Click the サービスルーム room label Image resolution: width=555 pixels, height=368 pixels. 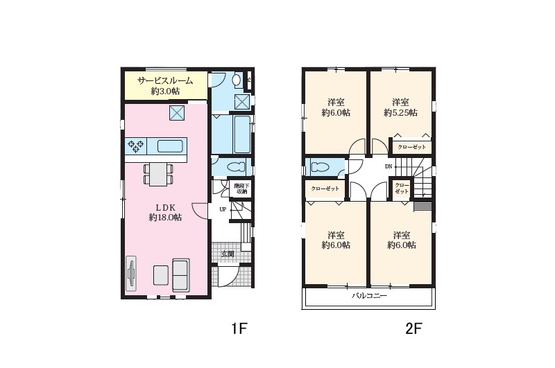pyautogui.click(x=165, y=81)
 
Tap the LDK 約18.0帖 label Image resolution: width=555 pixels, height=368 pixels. pyautogui.click(x=165, y=213)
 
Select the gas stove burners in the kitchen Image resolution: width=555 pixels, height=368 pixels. pyautogui.click(x=135, y=146)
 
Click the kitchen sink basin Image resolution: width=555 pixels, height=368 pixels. pyautogui.click(x=170, y=146)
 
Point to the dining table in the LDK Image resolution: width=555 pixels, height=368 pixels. pyautogui.click(x=158, y=174)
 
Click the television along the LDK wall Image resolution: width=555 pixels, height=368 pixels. pyautogui.click(x=131, y=274)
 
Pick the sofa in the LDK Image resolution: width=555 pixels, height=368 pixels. pyautogui.click(x=181, y=275)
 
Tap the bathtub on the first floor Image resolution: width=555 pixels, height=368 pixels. pyautogui.click(x=242, y=134)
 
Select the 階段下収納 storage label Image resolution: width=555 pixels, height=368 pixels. pyautogui.click(x=241, y=189)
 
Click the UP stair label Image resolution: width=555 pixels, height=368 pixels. pyautogui.click(x=223, y=209)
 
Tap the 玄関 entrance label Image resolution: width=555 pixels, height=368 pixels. pyautogui.click(x=228, y=254)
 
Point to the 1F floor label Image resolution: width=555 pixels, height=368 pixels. pyautogui.click(x=239, y=329)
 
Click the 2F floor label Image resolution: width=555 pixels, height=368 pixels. pyautogui.click(x=413, y=329)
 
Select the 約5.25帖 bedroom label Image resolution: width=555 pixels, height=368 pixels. pyautogui.click(x=401, y=113)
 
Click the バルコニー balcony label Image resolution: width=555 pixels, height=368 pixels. pyautogui.click(x=369, y=295)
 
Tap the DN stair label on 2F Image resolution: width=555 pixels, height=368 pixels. pyautogui.click(x=388, y=166)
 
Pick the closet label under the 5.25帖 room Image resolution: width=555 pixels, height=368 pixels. pyautogui.click(x=411, y=147)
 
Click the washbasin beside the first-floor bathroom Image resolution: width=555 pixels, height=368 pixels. pyautogui.click(x=237, y=80)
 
